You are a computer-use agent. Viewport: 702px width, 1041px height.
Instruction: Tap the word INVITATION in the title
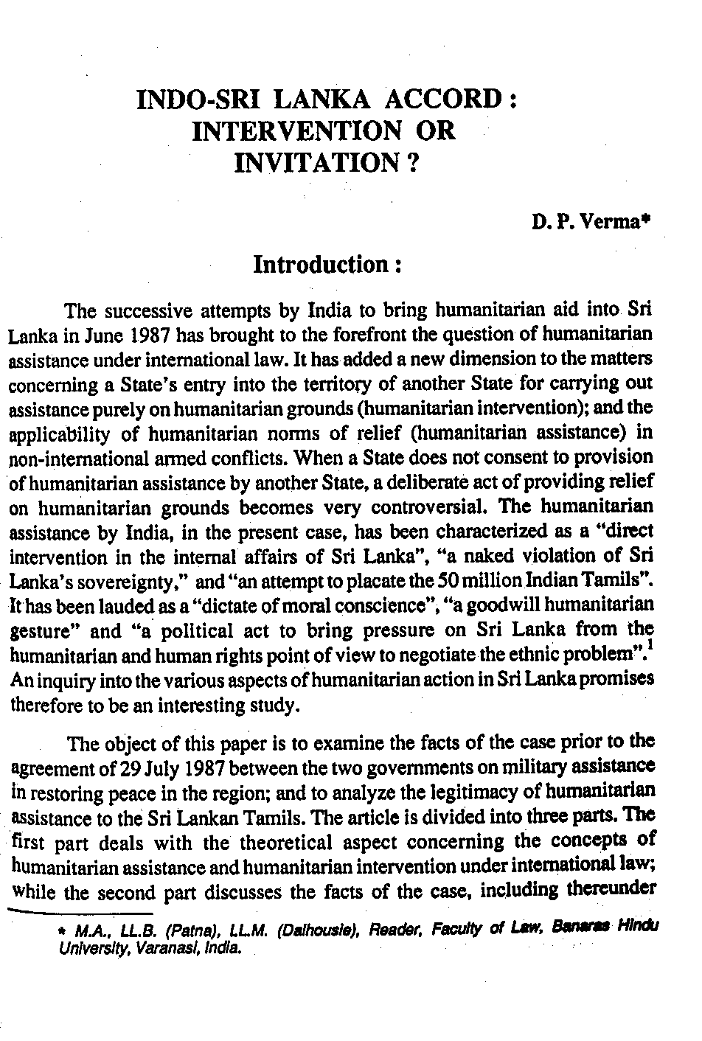313,161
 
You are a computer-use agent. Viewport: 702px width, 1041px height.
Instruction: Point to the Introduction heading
327,265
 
